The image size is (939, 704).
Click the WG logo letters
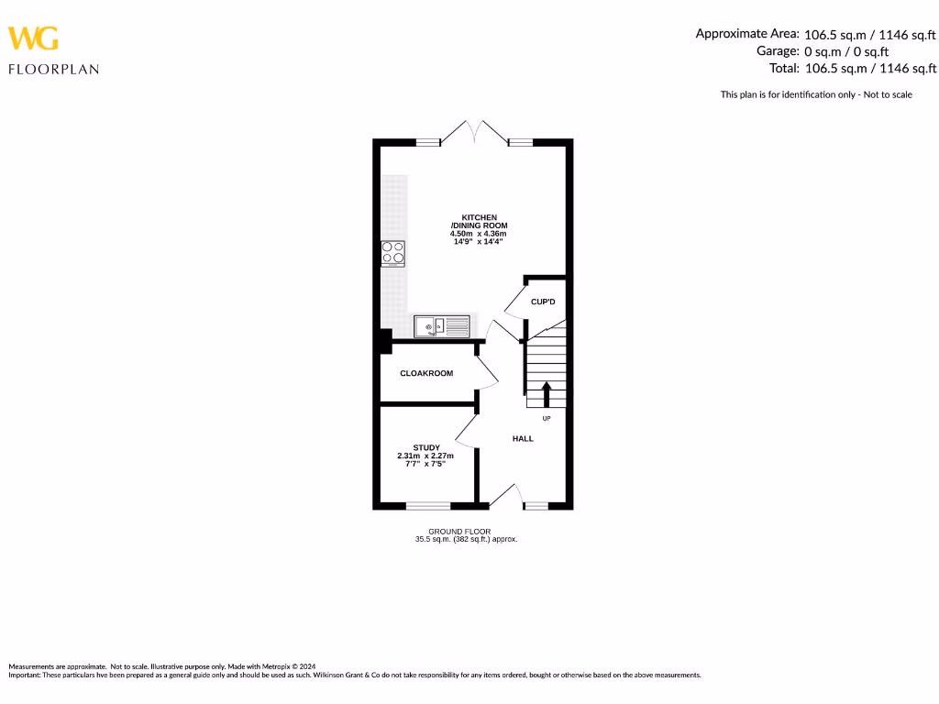pyautogui.click(x=34, y=38)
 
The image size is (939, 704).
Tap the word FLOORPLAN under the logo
pyautogui.click(x=53, y=69)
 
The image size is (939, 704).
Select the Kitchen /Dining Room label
pyautogui.click(x=479, y=221)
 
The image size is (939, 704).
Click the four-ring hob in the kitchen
pyautogui.click(x=393, y=253)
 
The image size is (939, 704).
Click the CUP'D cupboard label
pyautogui.click(x=543, y=302)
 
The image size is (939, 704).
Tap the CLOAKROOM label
pyautogui.click(x=426, y=373)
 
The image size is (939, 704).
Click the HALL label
pyautogui.click(x=523, y=439)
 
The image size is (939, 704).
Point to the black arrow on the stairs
pyautogui.click(x=547, y=394)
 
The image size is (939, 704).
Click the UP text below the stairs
pyautogui.click(x=547, y=419)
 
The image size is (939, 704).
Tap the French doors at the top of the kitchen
pyautogui.click(x=475, y=133)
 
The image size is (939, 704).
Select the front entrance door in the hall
pyautogui.click(x=504, y=496)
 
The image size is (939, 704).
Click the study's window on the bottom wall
pyautogui.click(x=428, y=505)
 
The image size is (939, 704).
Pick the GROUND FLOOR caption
pyautogui.click(x=459, y=532)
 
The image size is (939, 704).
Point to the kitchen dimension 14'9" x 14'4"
pyautogui.click(x=479, y=241)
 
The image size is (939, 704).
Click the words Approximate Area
pyautogui.click(x=746, y=33)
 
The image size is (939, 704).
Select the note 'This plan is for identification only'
pyautogui.click(x=816, y=94)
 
